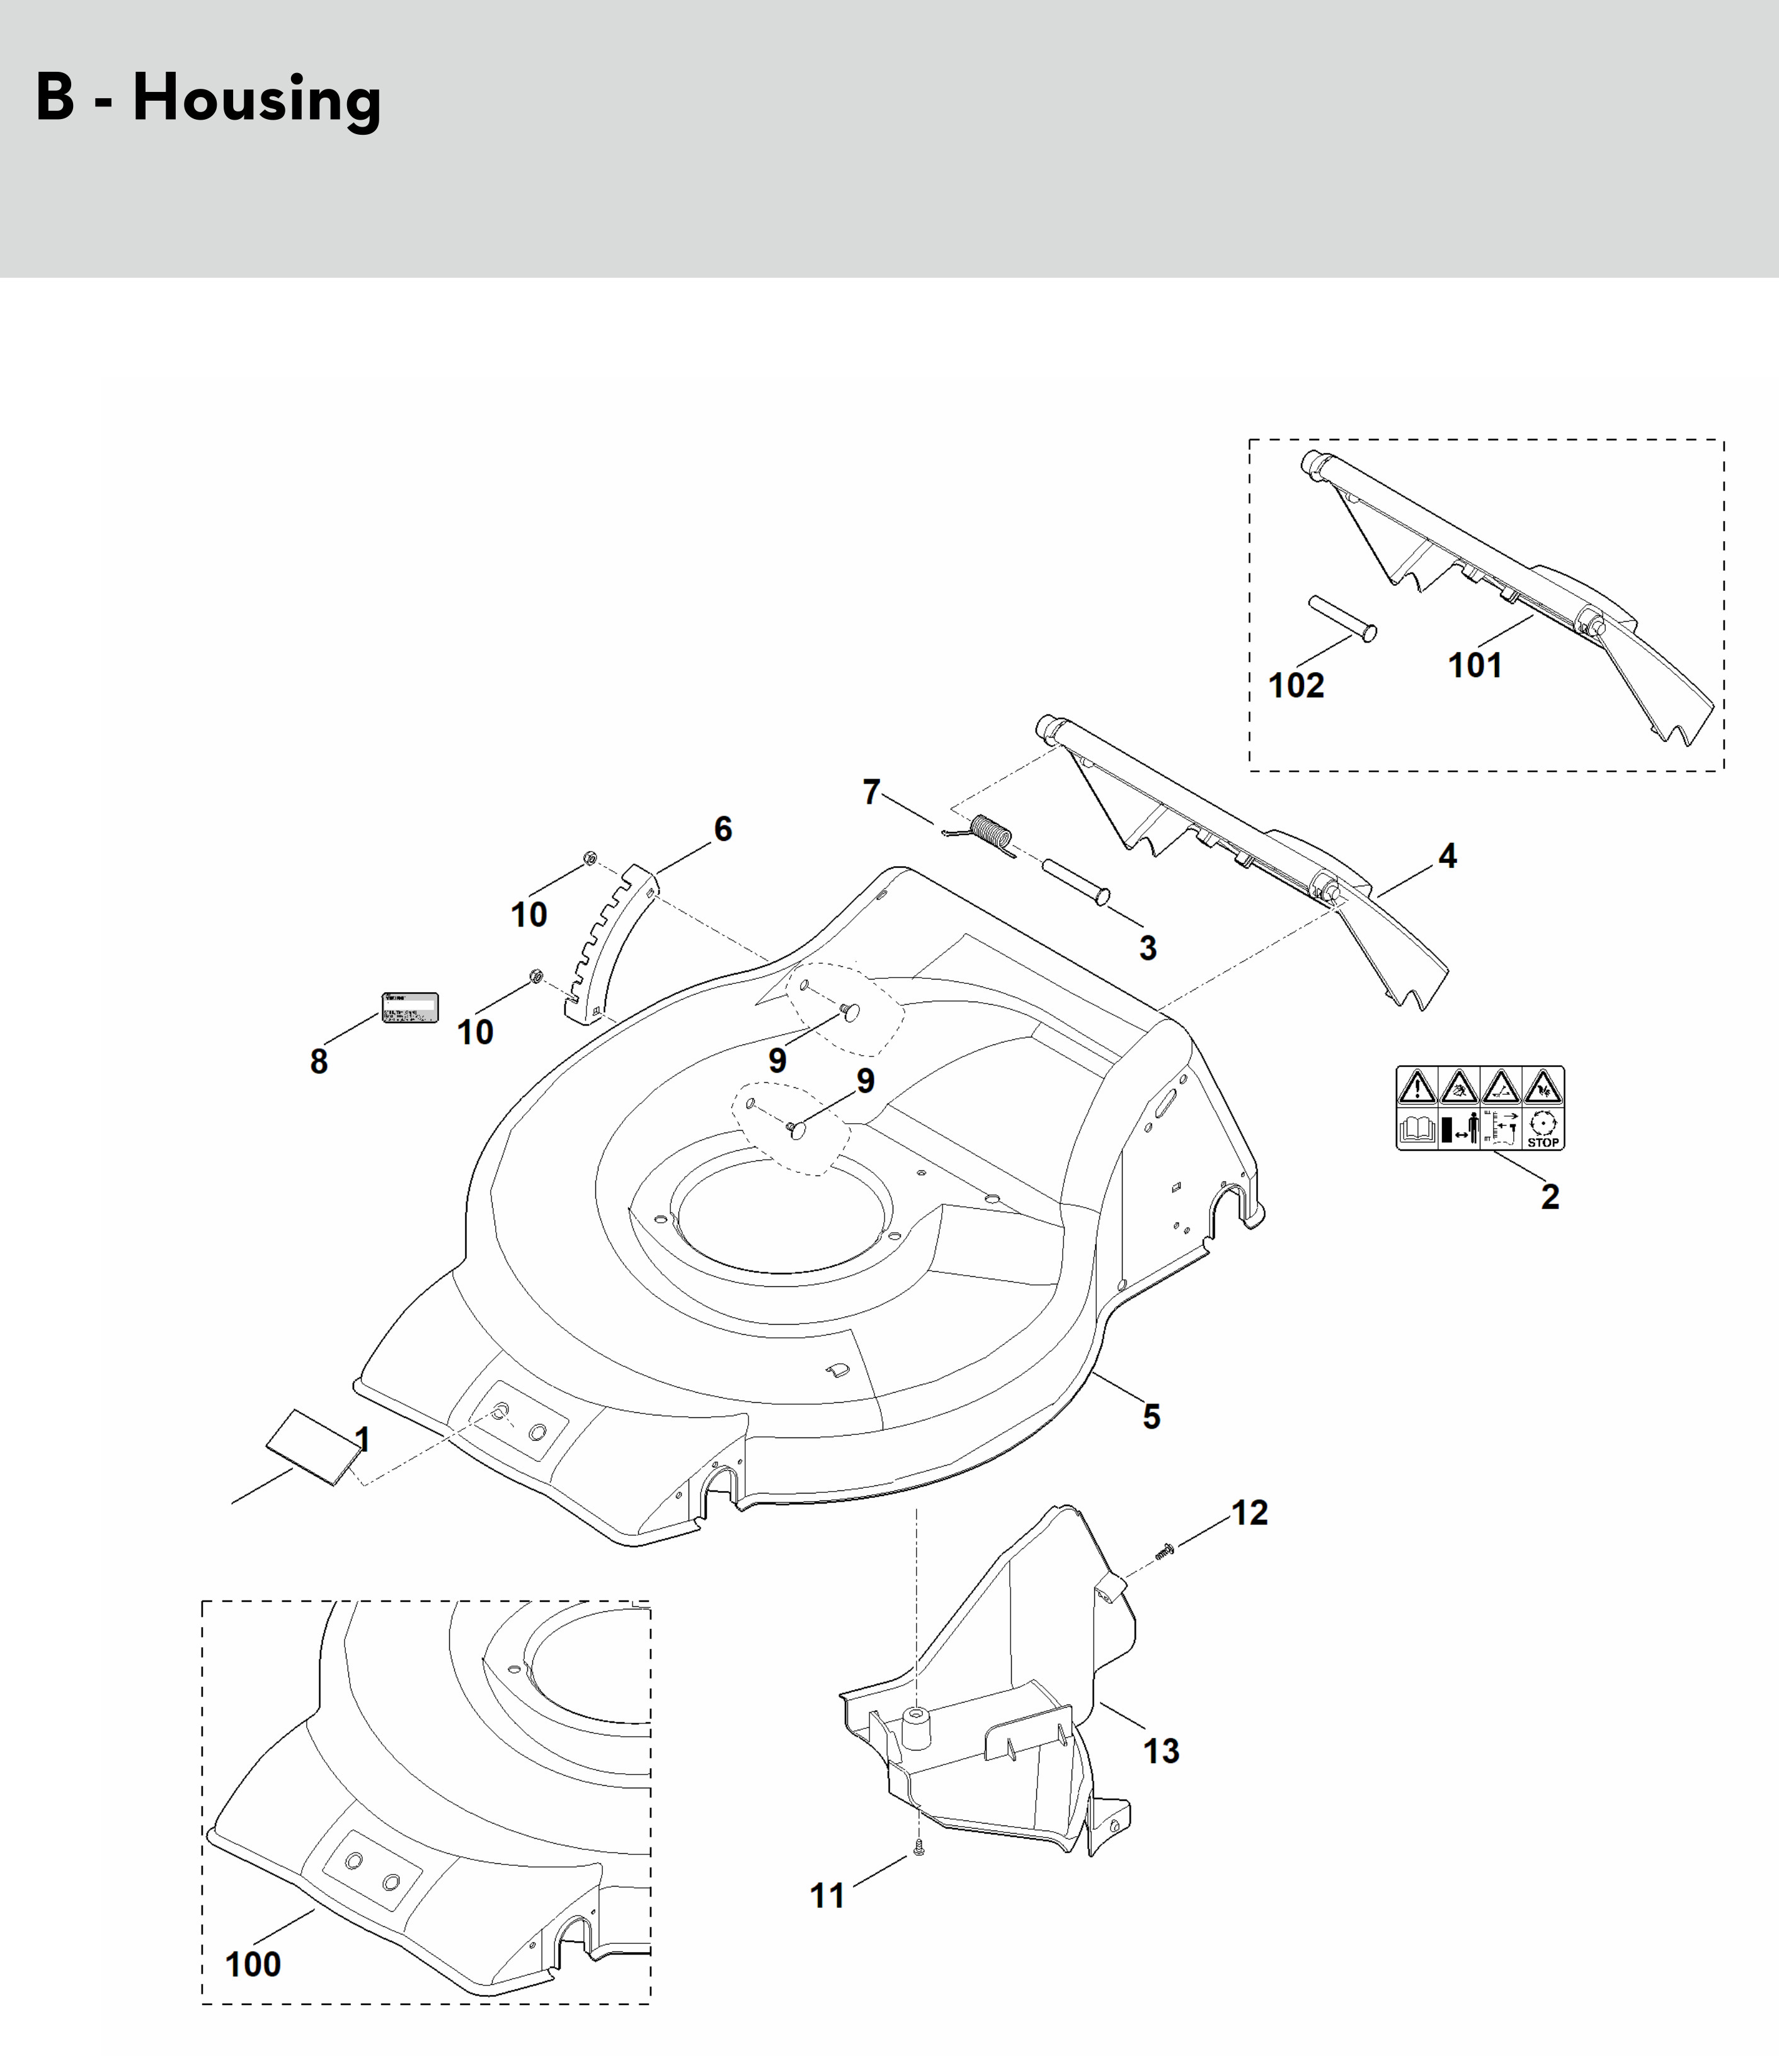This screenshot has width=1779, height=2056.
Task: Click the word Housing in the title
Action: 256,100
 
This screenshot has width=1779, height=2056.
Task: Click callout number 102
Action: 1296,685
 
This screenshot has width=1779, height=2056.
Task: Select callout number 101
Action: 1474,665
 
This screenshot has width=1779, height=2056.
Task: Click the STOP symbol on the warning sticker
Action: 1543,1129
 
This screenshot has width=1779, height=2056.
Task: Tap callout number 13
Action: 1160,1750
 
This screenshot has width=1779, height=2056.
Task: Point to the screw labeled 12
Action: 1165,1549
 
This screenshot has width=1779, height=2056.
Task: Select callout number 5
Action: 1150,1417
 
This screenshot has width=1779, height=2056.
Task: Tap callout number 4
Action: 1448,856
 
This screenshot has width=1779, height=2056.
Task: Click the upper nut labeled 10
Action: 590,858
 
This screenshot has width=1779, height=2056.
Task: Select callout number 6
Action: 723,829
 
